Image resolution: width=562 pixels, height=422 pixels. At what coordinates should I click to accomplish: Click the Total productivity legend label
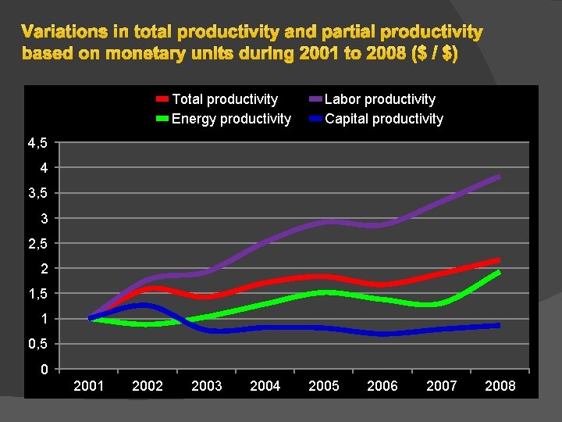pyautogui.click(x=225, y=99)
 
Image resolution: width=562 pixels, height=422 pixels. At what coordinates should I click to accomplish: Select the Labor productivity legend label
pyautogui.click(x=380, y=99)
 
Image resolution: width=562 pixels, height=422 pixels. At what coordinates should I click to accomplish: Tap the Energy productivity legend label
pyautogui.click(x=231, y=119)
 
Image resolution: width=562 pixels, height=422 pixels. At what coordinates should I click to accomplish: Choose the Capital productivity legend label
pyautogui.click(x=384, y=119)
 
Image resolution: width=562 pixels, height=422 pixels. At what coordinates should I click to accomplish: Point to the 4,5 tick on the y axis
pyautogui.click(x=37, y=143)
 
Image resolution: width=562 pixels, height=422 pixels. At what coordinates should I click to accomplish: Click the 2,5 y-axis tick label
pyautogui.click(x=37, y=244)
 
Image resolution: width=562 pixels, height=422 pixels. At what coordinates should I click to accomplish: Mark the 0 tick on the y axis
pyautogui.click(x=44, y=369)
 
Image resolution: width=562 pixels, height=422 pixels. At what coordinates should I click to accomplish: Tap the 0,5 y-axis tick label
pyautogui.click(x=37, y=344)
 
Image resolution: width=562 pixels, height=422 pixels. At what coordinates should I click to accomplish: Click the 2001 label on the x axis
pyautogui.click(x=89, y=386)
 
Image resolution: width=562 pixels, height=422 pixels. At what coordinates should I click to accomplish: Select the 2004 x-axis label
pyautogui.click(x=265, y=386)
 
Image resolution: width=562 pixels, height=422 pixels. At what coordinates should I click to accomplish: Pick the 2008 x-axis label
pyautogui.click(x=500, y=386)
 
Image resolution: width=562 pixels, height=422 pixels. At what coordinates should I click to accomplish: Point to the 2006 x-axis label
pyautogui.click(x=382, y=386)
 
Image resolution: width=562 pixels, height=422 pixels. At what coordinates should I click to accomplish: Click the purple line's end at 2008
pyautogui.click(x=499, y=177)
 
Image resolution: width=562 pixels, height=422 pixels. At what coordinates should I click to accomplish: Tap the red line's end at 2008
pyautogui.click(x=499, y=260)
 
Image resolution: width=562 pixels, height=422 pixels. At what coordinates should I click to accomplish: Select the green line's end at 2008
pyautogui.click(x=499, y=272)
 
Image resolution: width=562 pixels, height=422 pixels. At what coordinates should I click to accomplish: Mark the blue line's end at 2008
pyautogui.click(x=499, y=325)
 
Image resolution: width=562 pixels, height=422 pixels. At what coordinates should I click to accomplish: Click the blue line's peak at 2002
pyautogui.click(x=143, y=305)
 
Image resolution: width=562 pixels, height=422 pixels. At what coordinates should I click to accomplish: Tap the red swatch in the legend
pyautogui.click(x=162, y=99)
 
